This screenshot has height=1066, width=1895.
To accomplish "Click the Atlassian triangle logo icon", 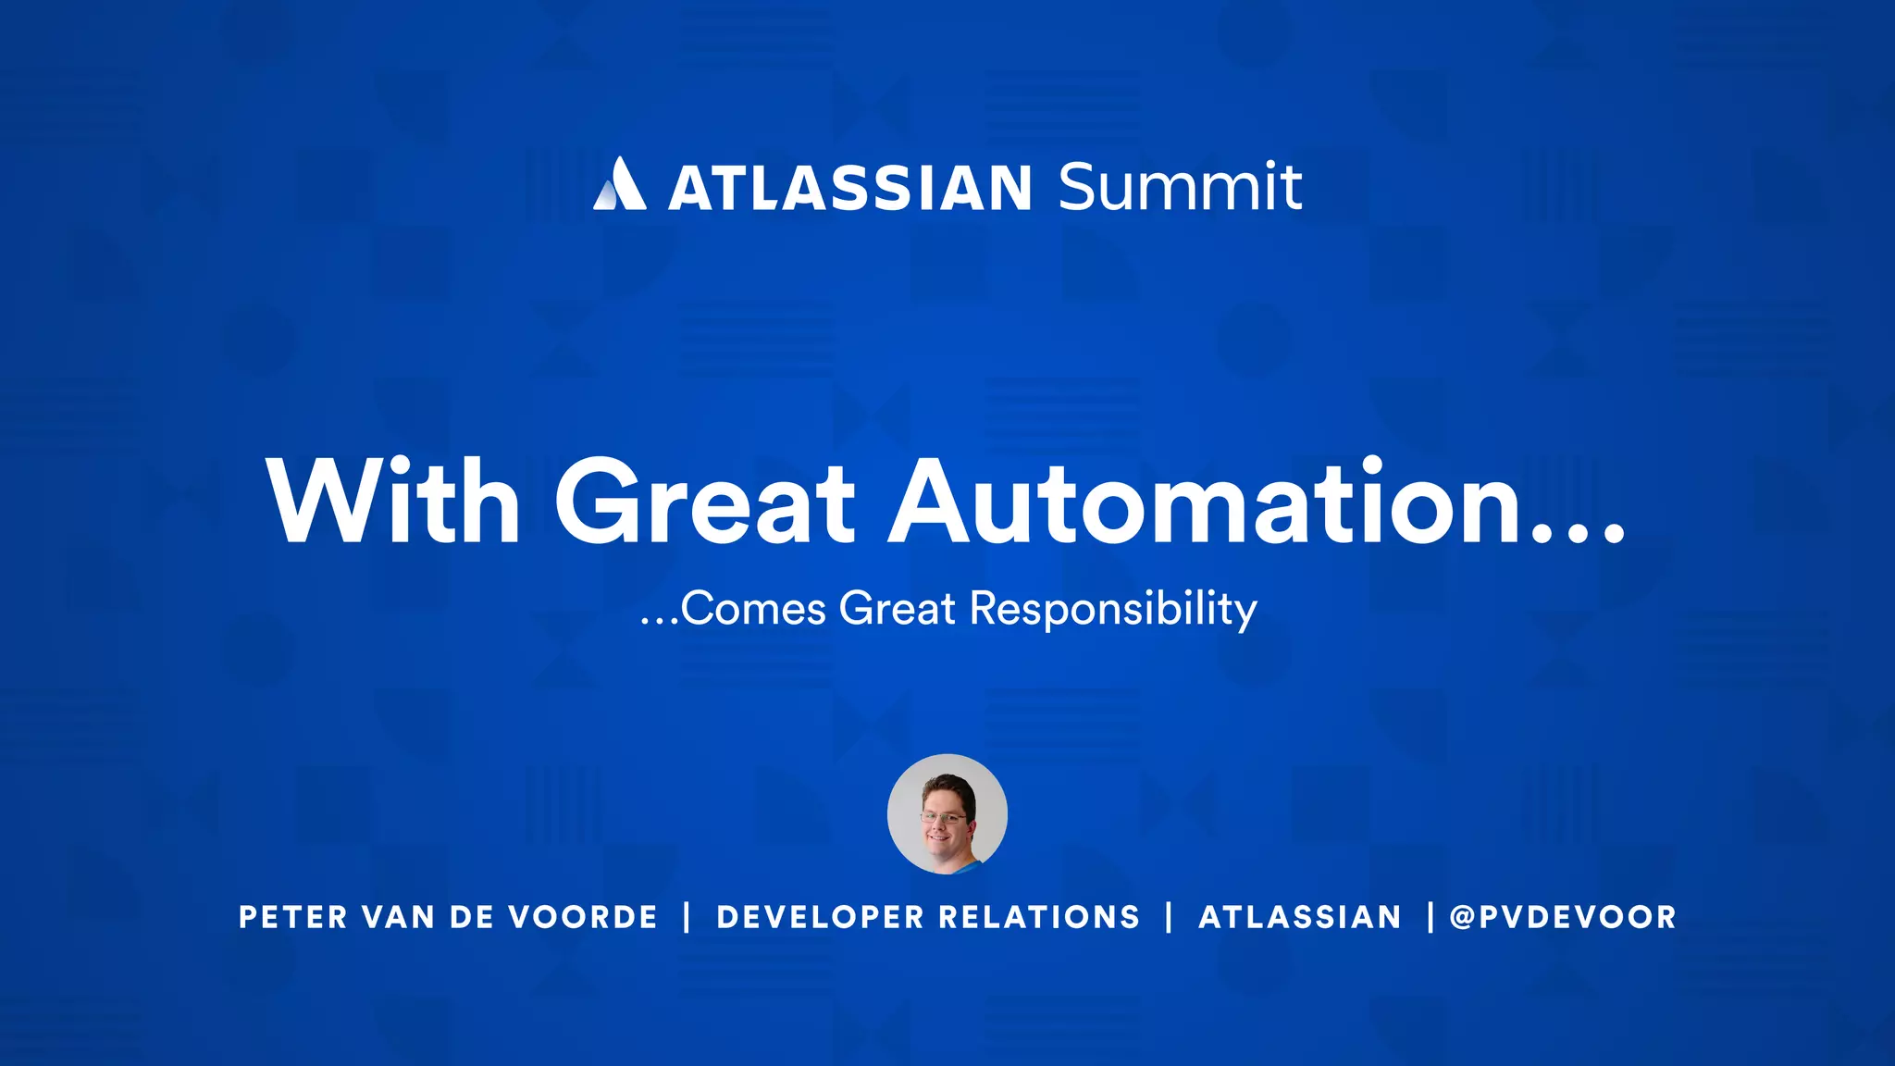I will (619, 185).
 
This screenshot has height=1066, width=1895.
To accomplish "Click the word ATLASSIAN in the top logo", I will (849, 188).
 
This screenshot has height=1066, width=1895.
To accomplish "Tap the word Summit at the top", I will (1180, 187).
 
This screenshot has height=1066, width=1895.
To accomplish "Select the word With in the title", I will (393, 502).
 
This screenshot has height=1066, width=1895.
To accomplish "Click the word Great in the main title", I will (705, 502).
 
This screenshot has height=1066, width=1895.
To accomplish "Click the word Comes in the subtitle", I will (753, 609).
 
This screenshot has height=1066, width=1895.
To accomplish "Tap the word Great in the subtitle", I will (897, 609).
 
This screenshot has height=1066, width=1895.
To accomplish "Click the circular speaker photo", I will (947, 814).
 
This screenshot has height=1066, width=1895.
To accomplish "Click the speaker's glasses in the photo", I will (944, 818).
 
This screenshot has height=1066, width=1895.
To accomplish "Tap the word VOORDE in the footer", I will (583, 917).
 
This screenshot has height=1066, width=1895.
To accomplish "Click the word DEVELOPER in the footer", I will (820, 917).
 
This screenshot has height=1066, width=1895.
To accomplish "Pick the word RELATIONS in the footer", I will (1039, 917).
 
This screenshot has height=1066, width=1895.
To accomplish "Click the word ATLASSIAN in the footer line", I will (1300, 917).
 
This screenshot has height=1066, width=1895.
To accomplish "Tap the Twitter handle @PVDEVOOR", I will (1563, 917).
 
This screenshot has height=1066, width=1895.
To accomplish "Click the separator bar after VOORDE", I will (687, 917).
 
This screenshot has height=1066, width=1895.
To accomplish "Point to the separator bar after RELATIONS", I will (1170, 917).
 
